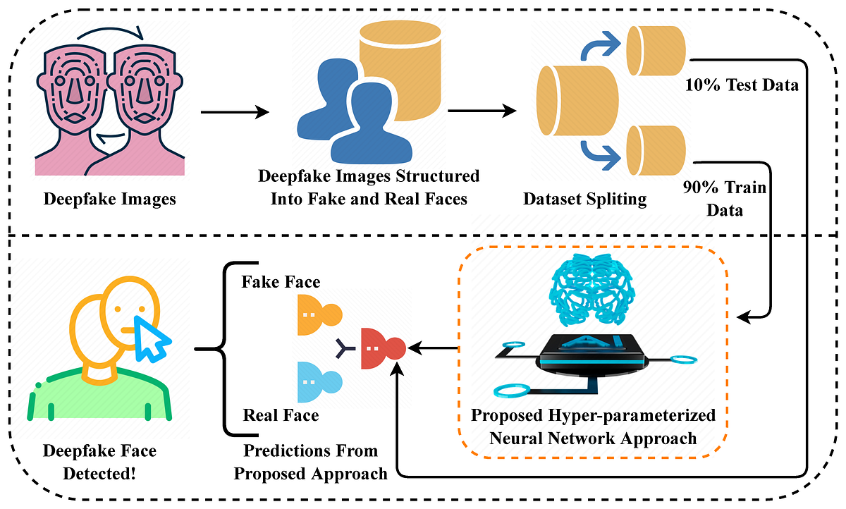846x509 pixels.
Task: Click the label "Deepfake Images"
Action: [109, 200]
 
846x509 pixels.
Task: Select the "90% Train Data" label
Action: [724, 199]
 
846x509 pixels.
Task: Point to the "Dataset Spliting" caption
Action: [584, 200]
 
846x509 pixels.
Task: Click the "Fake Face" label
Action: [281, 282]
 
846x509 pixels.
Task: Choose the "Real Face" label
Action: [281, 415]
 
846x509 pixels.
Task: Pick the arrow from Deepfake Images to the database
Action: [235, 112]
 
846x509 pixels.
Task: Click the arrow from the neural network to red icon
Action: [433, 347]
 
